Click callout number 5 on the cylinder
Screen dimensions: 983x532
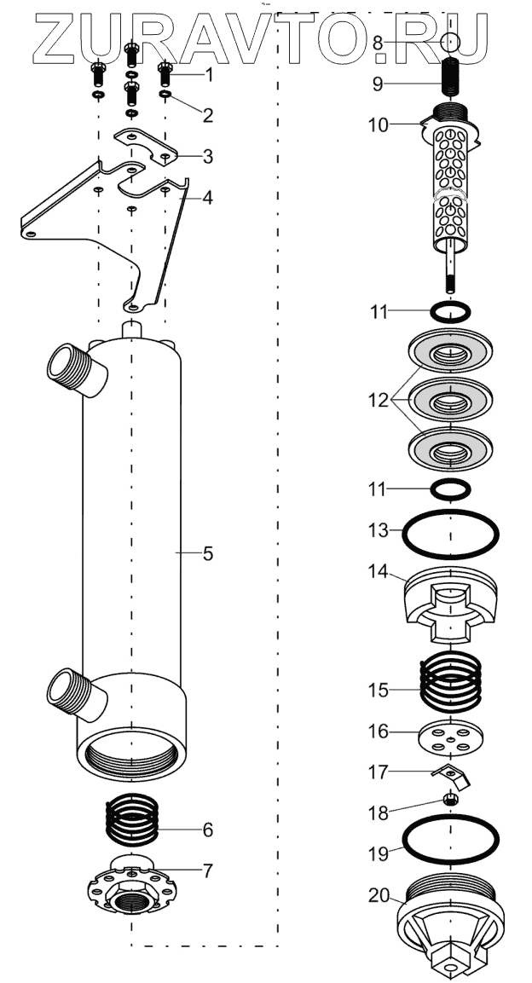[x=207, y=553]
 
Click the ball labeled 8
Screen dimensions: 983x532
[x=450, y=41]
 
